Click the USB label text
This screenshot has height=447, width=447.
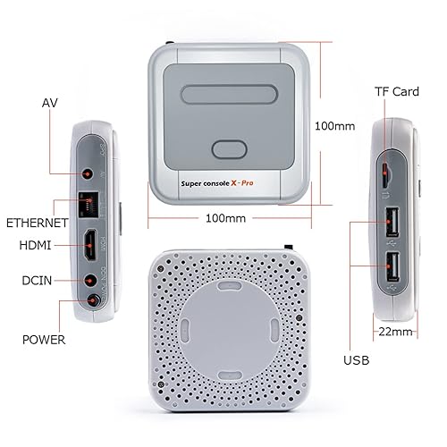355,361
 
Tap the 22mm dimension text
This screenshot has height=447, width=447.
394,331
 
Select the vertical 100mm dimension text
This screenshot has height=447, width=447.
335,126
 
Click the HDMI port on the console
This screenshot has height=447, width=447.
90,242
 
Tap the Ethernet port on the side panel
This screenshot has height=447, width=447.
89,202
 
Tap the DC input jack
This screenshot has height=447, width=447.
89,280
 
